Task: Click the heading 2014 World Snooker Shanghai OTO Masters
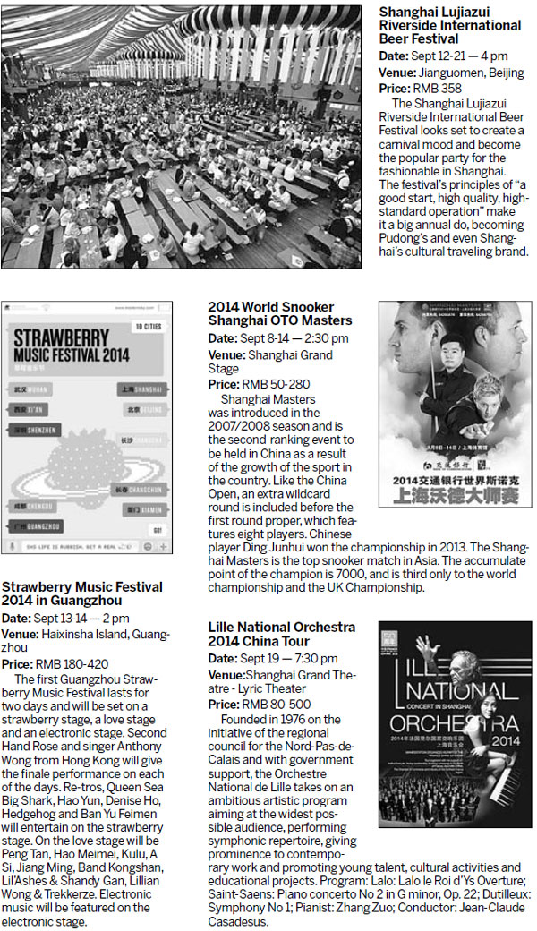[x=280, y=313]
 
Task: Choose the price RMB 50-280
[x=267, y=384]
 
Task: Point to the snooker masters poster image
[x=454, y=405]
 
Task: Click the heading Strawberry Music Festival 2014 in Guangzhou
[x=82, y=594]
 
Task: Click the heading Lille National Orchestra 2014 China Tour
[x=281, y=634]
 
